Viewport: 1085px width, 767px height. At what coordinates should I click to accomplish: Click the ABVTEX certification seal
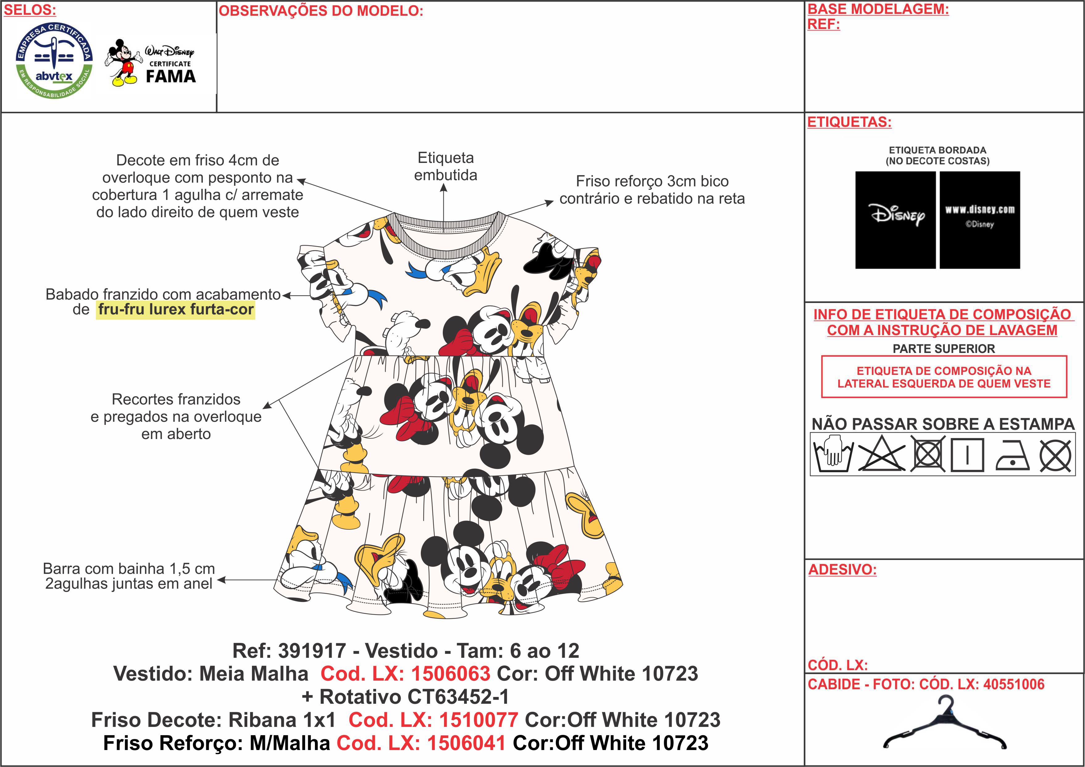click(54, 61)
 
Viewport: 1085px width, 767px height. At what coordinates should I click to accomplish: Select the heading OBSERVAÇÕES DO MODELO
click(321, 11)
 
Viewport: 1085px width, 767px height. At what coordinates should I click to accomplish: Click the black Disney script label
click(895, 220)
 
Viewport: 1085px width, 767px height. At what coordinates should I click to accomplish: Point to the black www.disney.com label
click(980, 220)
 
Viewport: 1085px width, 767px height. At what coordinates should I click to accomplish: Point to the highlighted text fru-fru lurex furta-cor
click(176, 310)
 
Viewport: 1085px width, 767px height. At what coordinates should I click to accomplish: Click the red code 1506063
click(450, 674)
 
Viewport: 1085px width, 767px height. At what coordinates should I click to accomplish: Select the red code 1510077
click(478, 720)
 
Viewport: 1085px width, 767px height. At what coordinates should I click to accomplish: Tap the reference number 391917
click(312, 651)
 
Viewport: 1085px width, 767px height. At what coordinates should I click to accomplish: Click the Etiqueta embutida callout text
click(445, 166)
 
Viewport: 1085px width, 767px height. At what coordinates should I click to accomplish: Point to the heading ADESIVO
click(842, 569)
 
